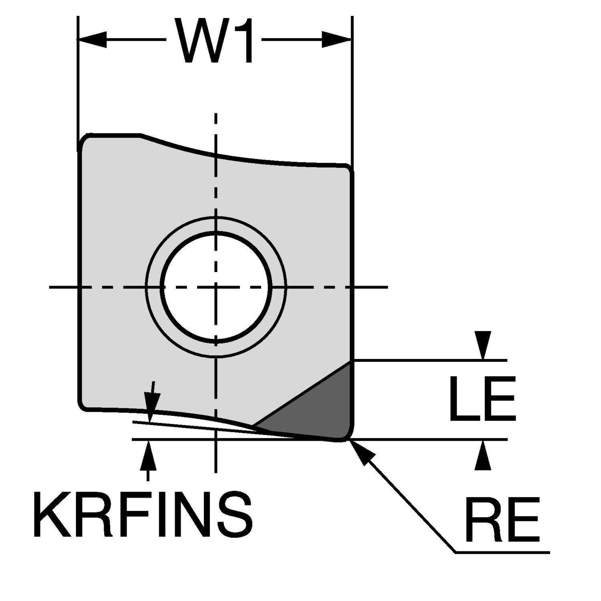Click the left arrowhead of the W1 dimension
pos(93,40)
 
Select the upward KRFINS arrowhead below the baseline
pos(149,455)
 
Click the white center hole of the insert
pos(216,287)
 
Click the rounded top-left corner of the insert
pos(86,140)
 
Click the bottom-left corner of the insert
pos(83,405)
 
